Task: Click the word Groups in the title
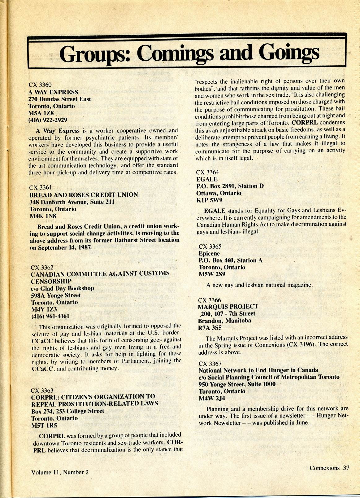(x=95, y=54)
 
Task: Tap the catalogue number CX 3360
(x=40, y=85)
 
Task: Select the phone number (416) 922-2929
(x=48, y=120)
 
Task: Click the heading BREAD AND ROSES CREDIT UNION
(x=84, y=195)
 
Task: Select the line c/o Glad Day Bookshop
(x=63, y=288)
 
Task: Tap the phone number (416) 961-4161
(x=50, y=316)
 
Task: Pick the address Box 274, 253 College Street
(x=67, y=411)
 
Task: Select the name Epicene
(x=209, y=254)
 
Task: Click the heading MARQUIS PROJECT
(x=228, y=307)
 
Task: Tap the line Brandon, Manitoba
(x=224, y=321)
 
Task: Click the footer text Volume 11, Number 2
(x=60, y=472)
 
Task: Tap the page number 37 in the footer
(x=346, y=468)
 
